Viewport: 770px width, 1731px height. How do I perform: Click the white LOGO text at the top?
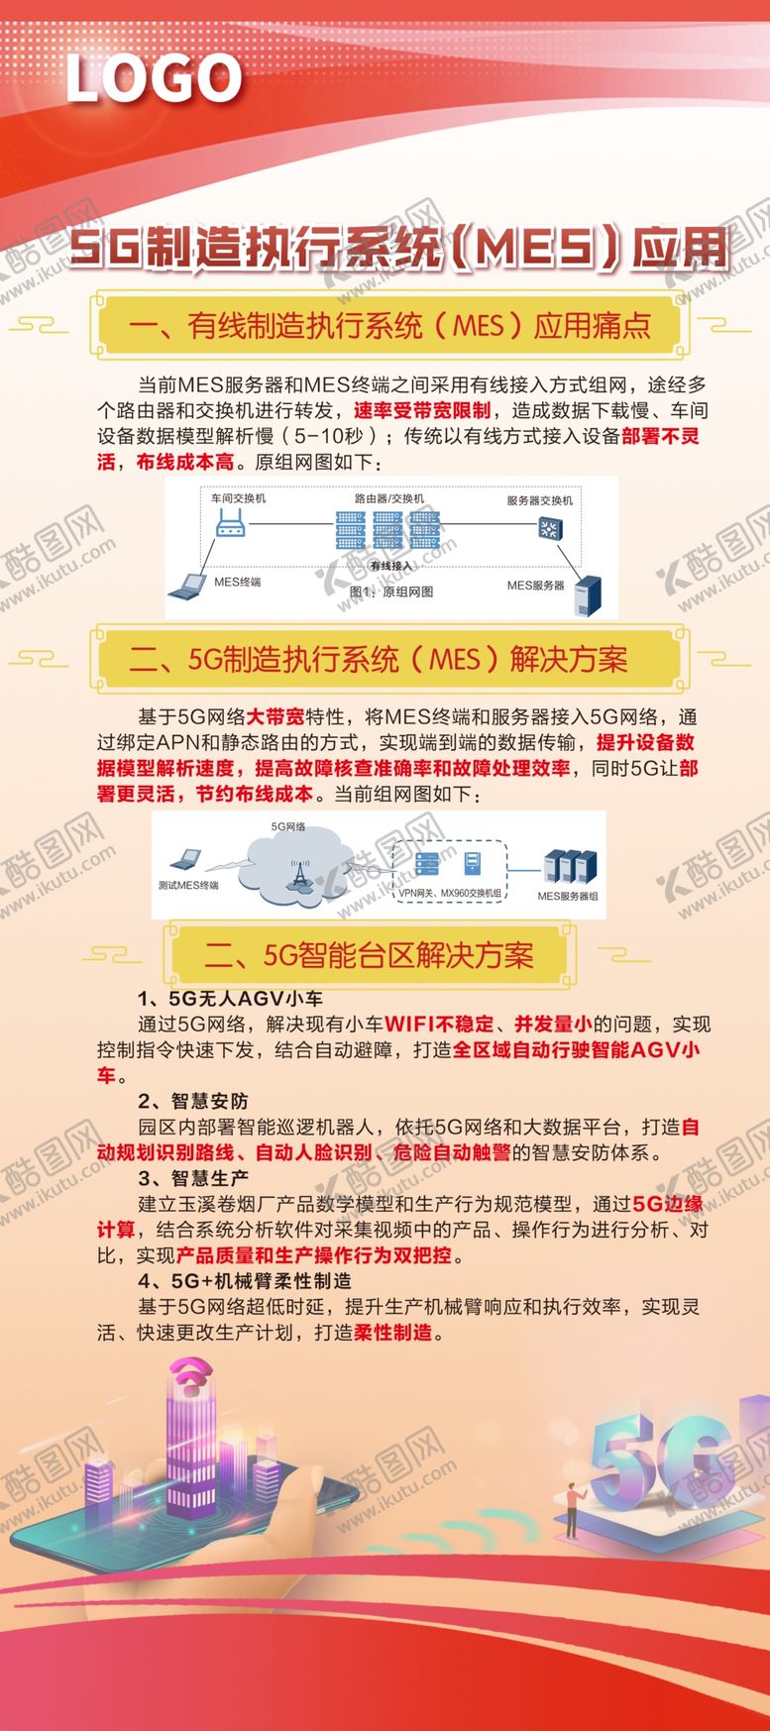pos(154,79)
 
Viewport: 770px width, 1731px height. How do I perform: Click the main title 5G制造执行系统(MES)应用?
pos(399,248)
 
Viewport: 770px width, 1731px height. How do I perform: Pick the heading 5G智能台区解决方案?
pos(369,954)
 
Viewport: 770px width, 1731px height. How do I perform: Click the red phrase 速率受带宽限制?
pos(422,410)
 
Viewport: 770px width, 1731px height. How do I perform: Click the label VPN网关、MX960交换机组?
pos(450,894)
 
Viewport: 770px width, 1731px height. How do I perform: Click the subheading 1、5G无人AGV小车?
pos(230,998)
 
